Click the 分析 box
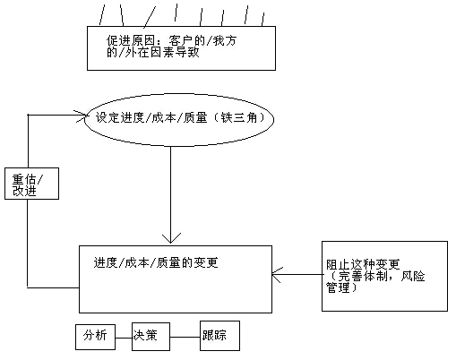point(95,337)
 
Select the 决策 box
point(151,337)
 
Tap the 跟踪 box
point(219,336)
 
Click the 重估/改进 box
point(31,184)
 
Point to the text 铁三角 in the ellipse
point(239,117)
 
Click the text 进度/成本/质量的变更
point(156,262)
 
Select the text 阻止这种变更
point(363,264)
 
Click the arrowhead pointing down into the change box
point(171,238)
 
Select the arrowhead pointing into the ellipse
point(81,116)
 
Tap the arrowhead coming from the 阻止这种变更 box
point(276,275)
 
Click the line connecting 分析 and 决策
point(124,338)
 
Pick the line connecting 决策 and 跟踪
point(185,338)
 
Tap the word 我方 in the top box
point(224,40)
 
